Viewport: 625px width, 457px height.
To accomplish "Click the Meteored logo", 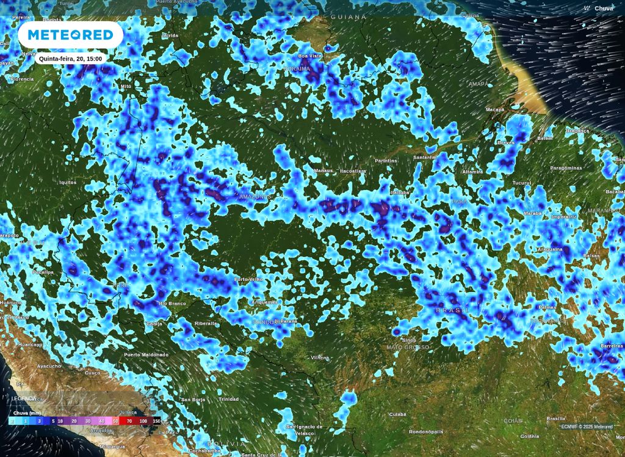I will click(x=71, y=35).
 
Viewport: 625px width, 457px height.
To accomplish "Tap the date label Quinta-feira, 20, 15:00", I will click(x=70, y=59).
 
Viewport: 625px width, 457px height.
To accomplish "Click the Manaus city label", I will click(x=323, y=170).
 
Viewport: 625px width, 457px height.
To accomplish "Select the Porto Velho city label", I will click(x=249, y=280).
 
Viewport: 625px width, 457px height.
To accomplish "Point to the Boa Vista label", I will click(x=309, y=56).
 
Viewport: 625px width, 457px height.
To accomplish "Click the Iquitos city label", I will click(x=68, y=182).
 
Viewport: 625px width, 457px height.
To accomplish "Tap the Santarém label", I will click(x=425, y=157).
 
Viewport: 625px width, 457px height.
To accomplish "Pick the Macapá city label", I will click(x=494, y=109).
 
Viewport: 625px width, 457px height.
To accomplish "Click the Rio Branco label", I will click(x=172, y=303).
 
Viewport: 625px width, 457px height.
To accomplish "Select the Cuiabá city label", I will click(x=398, y=414).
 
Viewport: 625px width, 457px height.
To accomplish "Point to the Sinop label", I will click(x=409, y=340).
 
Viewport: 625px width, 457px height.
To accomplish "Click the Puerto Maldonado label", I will click(x=146, y=354).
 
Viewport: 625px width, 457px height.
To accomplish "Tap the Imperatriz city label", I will click(x=564, y=216).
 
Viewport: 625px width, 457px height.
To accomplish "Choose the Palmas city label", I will click(x=547, y=307).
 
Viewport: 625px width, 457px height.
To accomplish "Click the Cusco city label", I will click(x=92, y=372).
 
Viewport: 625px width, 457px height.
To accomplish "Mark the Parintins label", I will click(x=386, y=160).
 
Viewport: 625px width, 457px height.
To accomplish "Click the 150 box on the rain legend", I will click(x=156, y=421).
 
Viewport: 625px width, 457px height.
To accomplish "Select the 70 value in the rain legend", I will click(x=129, y=421).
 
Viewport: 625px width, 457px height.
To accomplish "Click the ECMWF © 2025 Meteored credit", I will click(x=587, y=426).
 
